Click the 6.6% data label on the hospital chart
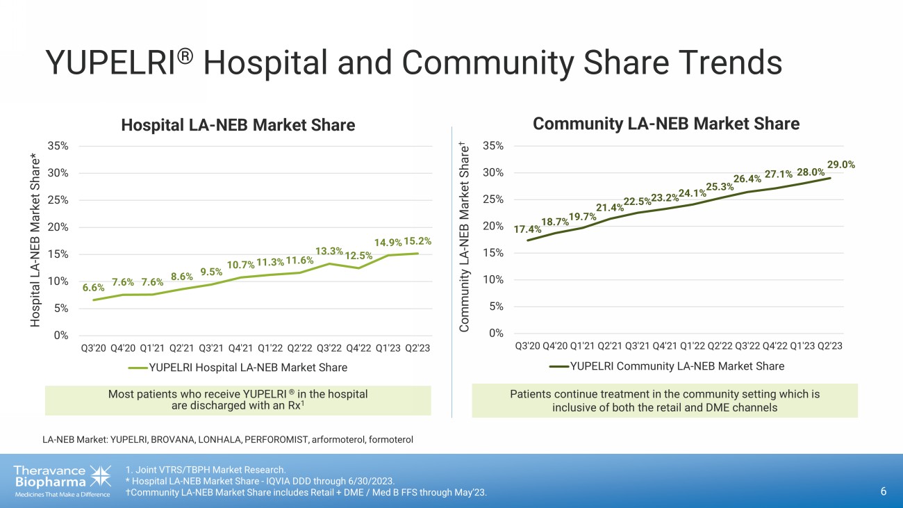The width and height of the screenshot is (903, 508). tap(94, 287)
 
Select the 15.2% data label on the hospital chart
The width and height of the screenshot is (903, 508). tap(417, 241)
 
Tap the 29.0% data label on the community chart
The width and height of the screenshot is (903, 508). tap(841, 165)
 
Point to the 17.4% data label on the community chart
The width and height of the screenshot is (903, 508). tap(527, 229)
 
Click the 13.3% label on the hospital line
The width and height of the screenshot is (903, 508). tap(329, 251)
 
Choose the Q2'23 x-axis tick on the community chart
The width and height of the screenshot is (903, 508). tap(829, 345)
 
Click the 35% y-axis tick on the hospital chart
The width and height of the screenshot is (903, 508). tap(58, 146)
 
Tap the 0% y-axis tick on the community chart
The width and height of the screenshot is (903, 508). tap(497, 333)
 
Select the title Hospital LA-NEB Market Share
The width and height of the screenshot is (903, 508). tap(238, 125)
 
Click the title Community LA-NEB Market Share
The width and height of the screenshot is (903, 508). tap(666, 124)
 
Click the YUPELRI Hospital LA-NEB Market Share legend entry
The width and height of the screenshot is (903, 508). tap(238, 367)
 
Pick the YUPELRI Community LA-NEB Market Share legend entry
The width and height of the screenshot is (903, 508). tap(667, 366)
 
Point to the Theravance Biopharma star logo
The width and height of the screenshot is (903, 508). tap(100, 476)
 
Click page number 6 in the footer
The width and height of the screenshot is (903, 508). tap(884, 492)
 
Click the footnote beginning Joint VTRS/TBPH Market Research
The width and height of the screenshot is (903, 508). tap(206, 469)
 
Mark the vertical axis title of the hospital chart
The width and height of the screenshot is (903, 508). tap(34, 240)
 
